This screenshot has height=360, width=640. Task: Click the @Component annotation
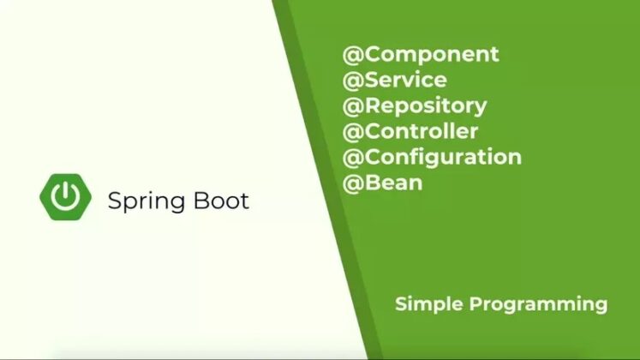[421, 54]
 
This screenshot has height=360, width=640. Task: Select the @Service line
[395, 80]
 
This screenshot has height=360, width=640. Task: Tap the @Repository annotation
[415, 105]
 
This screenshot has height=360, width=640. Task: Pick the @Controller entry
[410, 131]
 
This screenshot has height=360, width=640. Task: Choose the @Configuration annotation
[432, 157]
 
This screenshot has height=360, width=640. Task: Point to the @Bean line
[383, 183]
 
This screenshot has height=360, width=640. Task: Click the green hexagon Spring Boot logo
[65, 196]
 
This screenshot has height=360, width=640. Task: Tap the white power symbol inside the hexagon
[65, 196]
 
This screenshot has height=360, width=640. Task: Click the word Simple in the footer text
[426, 304]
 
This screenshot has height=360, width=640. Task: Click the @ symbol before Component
[351, 54]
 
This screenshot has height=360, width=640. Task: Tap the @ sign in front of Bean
[351, 183]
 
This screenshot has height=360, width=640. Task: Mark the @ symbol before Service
[351, 80]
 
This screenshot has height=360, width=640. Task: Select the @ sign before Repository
[351, 105]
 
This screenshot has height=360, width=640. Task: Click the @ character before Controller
[351, 131]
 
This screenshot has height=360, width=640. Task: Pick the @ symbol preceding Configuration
[351, 157]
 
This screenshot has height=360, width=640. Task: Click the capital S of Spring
[114, 201]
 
